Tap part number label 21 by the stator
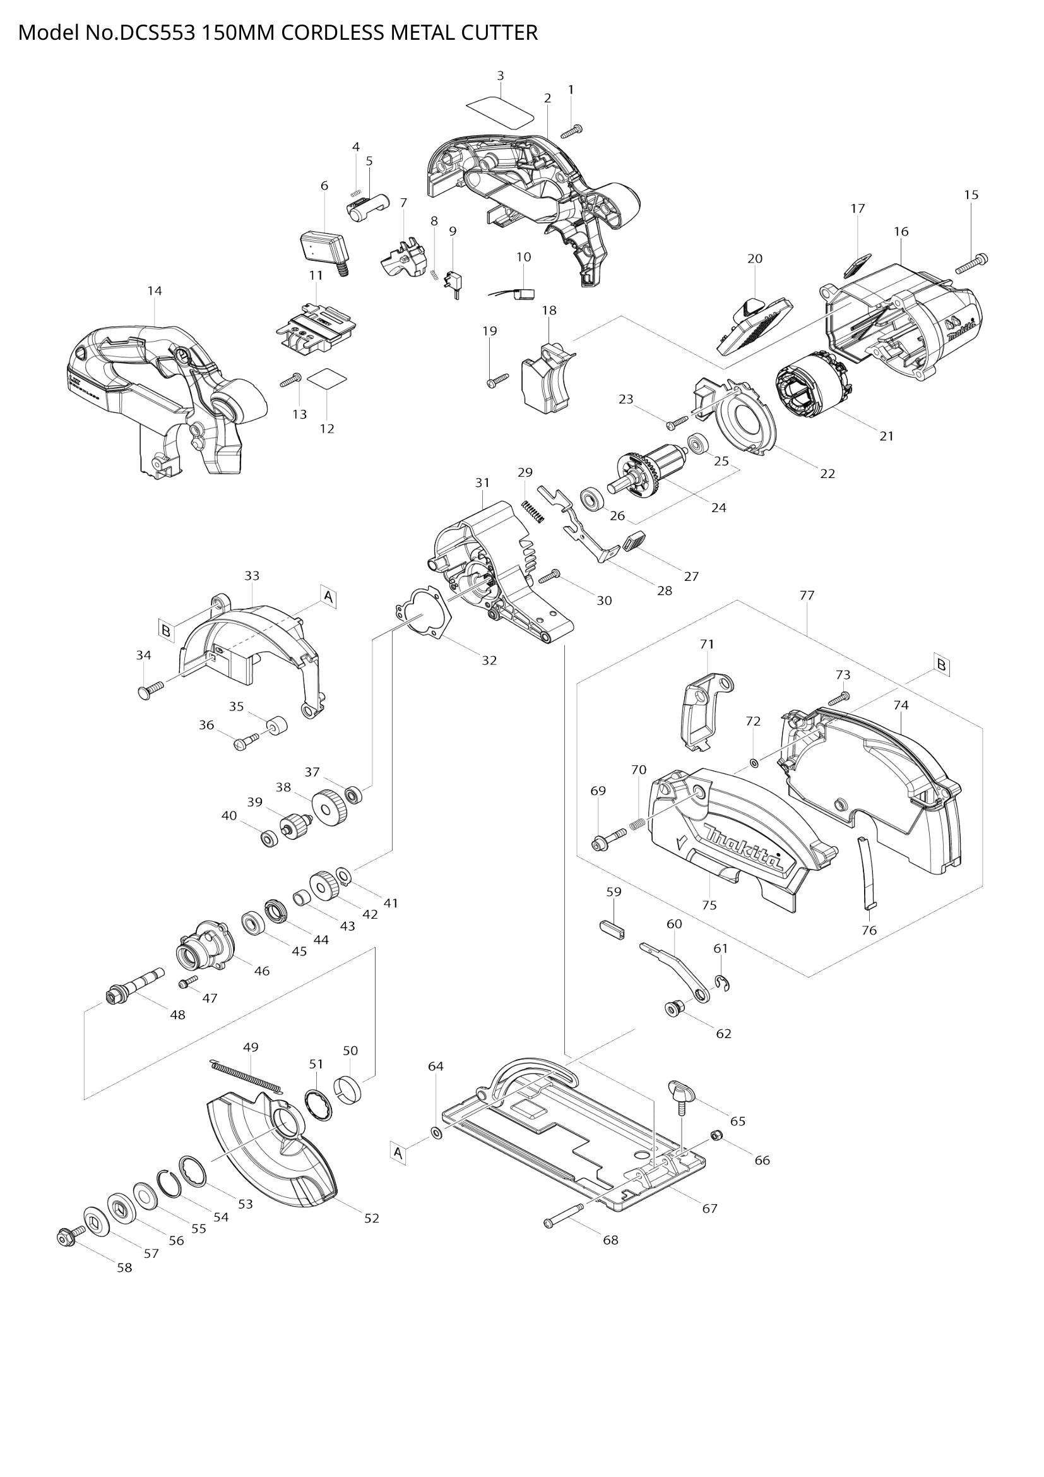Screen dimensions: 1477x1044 coord(886,436)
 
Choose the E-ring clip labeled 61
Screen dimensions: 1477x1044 coord(723,983)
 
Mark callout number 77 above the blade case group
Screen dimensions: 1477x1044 coord(807,595)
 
